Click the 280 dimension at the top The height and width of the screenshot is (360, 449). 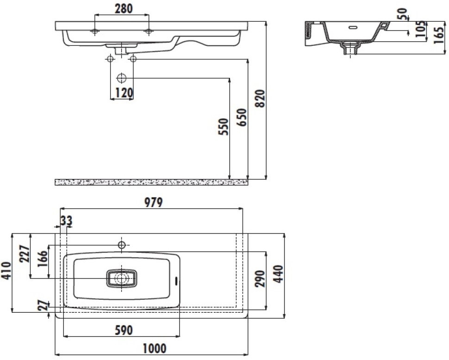point(124,9)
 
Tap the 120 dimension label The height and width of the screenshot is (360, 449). point(124,93)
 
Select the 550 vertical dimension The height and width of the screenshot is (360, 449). point(224,126)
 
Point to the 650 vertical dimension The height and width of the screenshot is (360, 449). point(241,117)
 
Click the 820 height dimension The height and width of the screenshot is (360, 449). point(260,99)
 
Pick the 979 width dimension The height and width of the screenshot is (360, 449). point(153,202)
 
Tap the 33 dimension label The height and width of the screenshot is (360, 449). point(67,221)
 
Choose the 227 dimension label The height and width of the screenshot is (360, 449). point(25,253)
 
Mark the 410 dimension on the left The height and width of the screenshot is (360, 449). point(6,271)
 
